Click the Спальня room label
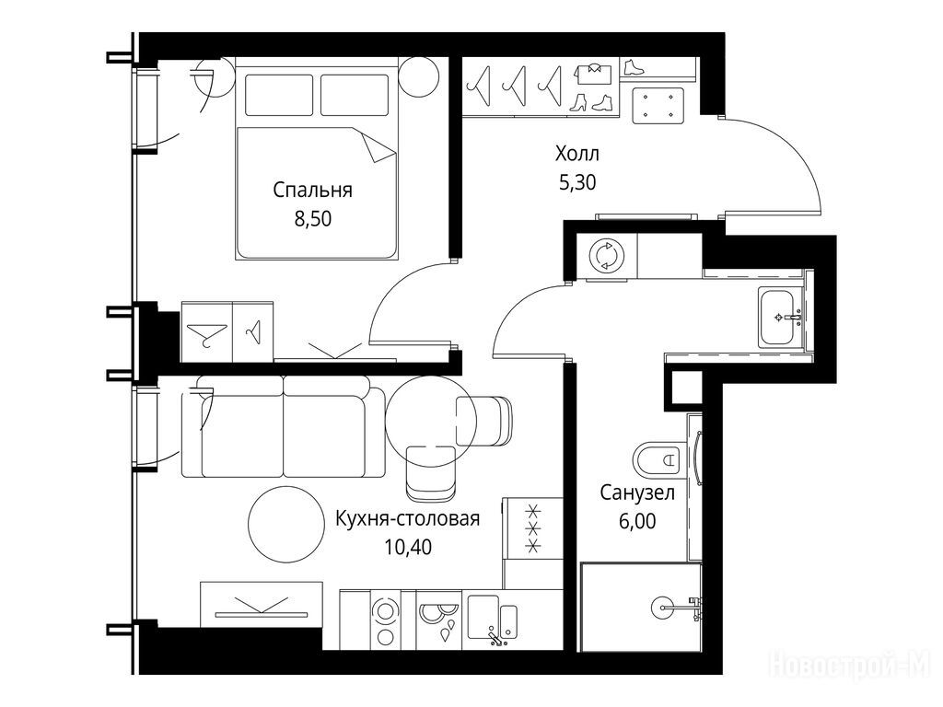click(x=312, y=191)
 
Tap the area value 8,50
click(x=313, y=219)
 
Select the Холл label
click(x=576, y=154)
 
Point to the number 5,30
click(x=577, y=182)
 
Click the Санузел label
click(x=637, y=493)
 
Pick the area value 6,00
click(x=637, y=521)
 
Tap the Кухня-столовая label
click(x=407, y=518)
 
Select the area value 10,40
click(x=408, y=547)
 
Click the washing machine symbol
click(x=607, y=256)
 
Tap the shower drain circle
click(x=663, y=608)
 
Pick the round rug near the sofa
click(x=285, y=524)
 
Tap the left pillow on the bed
click(x=279, y=95)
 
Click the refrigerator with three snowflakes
click(x=532, y=528)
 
